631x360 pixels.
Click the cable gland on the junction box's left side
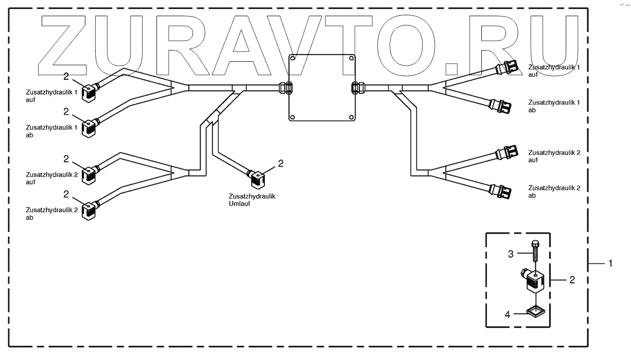285,88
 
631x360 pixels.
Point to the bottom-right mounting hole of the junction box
351,117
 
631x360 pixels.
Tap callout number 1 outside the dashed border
610,263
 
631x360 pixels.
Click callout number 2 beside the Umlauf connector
281,163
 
